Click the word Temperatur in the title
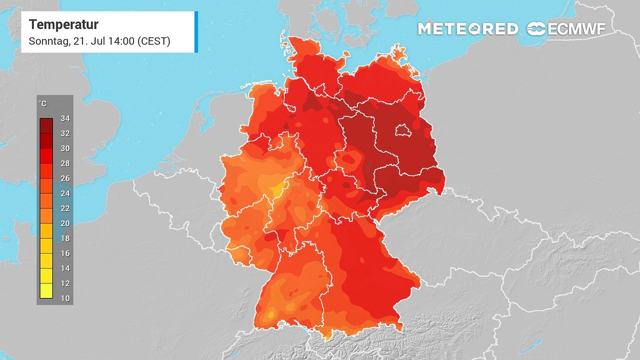pyautogui.click(x=63, y=24)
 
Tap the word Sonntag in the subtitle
pyautogui.click(x=48, y=41)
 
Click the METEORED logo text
pyautogui.click(x=468, y=29)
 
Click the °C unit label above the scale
pyautogui.click(x=43, y=103)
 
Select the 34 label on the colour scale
pyautogui.click(x=65, y=118)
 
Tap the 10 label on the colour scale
pyautogui.click(x=65, y=298)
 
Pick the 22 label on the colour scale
pyautogui.click(x=65, y=208)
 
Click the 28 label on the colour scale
pyautogui.click(x=65, y=163)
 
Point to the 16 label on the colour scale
pyautogui.click(x=65, y=253)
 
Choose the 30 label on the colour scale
pyautogui.click(x=65, y=148)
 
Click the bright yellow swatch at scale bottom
pyautogui.click(x=46, y=291)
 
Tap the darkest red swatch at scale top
pyautogui.click(x=46, y=125)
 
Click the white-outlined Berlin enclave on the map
pyautogui.click(x=401, y=131)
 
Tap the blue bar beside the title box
pyautogui.click(x=196, y=32)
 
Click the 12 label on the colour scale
pyautogui.click(x=65, y=283)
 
